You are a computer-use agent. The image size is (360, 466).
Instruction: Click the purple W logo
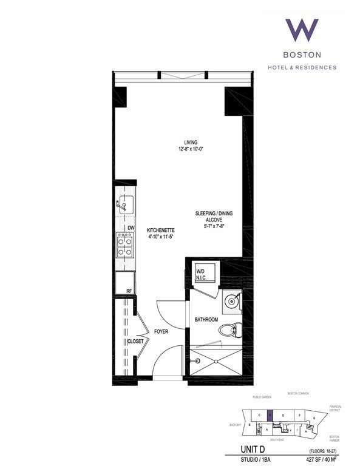tap(302, 32)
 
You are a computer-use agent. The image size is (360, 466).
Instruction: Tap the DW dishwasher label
tap(131, 228)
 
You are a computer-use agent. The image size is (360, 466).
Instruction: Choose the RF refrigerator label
tap(129, 291)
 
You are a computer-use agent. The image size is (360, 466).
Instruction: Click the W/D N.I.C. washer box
tap(200, 274)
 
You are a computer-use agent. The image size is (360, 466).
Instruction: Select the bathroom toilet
tap(229, 331)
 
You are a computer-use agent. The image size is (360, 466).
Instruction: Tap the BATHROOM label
tap(206, 319)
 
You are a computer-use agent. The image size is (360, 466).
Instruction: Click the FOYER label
tap(161, 332)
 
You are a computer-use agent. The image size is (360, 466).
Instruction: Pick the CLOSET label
tap(134, 342)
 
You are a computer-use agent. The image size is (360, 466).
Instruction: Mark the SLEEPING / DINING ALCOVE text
tap(214, 217)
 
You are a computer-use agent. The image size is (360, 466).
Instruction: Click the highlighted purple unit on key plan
tap(270, 415)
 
